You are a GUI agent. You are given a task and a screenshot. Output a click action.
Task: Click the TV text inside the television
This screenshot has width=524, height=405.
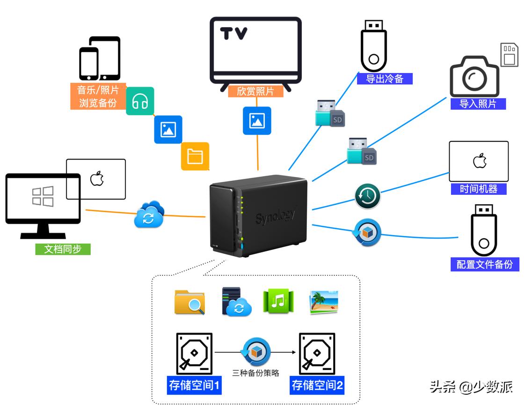click(x=234, y=34)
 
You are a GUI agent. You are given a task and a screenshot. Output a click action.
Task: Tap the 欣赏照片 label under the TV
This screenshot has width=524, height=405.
click(x=255, y=91)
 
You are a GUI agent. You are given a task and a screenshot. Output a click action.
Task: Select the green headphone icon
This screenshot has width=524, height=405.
click(x=140, y=101)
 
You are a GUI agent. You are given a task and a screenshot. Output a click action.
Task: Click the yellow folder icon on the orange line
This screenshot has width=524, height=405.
click(x=195, y=156)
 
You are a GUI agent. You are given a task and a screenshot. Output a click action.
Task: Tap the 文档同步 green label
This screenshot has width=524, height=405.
click(x=63, y=249)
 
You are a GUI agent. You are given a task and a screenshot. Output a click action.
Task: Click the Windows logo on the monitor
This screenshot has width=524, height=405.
click(x=43, y=196)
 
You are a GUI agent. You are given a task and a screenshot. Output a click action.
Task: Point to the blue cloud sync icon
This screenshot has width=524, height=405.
click(x=149, y=215)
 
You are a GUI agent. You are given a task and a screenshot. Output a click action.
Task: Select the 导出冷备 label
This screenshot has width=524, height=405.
click(x=385, y=79)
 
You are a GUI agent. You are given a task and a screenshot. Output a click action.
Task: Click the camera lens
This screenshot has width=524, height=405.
click(x=474, y=78)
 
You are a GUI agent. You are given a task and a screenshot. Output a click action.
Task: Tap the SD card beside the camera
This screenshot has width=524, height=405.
click(x=509, y=55)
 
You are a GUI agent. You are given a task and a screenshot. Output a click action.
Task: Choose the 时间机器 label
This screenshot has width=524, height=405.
click(x=478, y=189)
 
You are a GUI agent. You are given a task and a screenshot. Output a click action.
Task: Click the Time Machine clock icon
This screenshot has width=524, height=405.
click(x=367, y=196)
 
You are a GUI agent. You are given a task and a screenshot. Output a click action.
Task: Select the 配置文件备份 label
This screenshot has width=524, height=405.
click(x=485, y=264)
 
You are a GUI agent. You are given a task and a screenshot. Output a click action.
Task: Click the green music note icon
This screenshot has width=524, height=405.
click(x=278, y=301)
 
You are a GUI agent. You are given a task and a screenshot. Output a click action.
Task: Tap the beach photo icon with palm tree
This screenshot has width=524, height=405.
click(x=323, y=302)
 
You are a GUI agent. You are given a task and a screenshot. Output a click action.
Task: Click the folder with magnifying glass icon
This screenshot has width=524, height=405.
click(x=189, y=302)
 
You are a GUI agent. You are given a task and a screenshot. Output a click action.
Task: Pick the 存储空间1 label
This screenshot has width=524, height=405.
click(x=194, y=385)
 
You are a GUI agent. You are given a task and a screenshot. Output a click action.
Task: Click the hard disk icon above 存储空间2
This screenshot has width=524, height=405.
click(x=317, y=353)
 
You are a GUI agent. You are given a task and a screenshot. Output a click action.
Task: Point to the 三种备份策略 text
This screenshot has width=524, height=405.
click(x=255, y=373)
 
